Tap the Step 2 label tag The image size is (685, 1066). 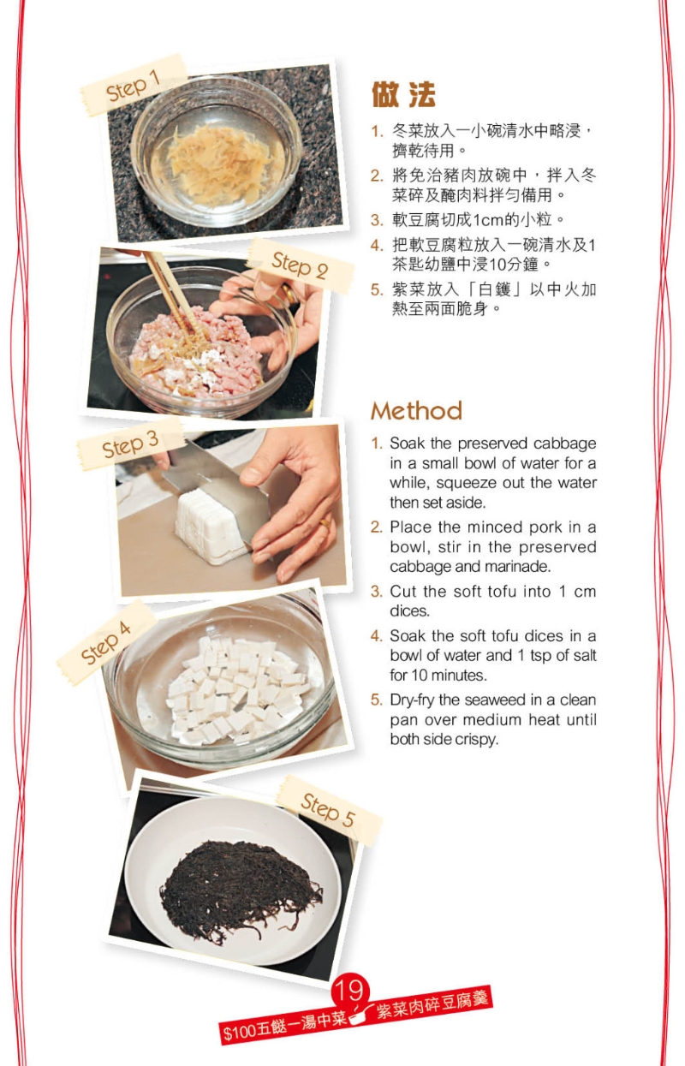click(300, 265)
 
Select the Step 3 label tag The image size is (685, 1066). click(130, 444)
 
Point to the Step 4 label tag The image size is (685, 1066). click(106, 642)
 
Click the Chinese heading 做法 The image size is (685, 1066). click(403, 94)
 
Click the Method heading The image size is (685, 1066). click(416, 411)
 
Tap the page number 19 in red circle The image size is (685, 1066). click(349, 992)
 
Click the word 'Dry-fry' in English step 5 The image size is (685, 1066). click(414, 700)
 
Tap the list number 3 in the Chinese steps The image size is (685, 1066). click(376, 219)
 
